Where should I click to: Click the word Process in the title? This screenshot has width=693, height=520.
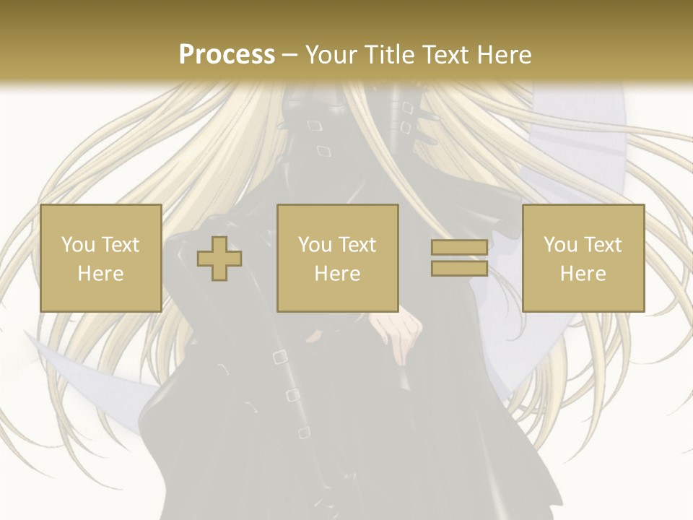[227, 55]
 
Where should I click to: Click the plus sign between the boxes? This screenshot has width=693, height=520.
[219, 258]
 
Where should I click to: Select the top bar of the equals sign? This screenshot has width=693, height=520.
[459, 248]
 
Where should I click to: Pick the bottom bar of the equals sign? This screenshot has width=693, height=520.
[459, 268]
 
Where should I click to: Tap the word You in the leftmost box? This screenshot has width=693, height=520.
[78, 245]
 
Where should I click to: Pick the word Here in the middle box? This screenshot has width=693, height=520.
[337, 274]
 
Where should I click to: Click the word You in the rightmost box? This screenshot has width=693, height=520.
[561, 245]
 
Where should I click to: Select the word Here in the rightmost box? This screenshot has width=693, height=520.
[583, 274]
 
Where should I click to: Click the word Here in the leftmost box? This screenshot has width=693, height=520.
[100, 274]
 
